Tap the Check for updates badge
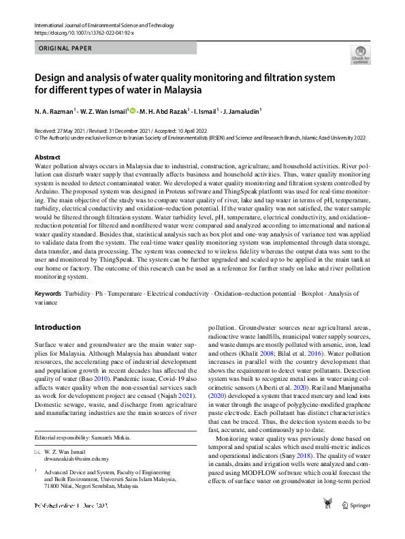pyautogui.click(x=360, y=55)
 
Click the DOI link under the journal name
pyautogui.click(x=84, y=32)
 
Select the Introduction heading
pyautogui.click(x=57, y=327)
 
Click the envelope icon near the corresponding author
pyautogui.click(x=37, y=452)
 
